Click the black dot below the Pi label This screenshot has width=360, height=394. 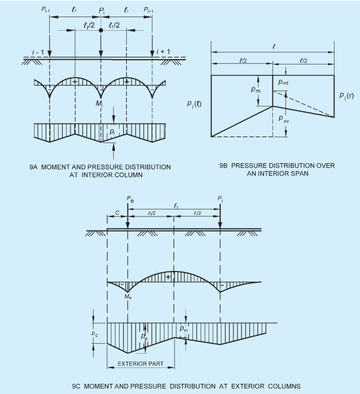[x=101, y=30]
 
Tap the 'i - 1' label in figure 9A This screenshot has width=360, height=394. [x=38, y=52]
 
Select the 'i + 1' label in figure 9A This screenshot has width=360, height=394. [x=163, y=51]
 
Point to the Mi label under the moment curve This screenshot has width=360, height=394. [x=99, y=103]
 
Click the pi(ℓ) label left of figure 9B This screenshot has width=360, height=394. [x=194, y=104]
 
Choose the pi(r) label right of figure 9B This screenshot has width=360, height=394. [x=346, y=96]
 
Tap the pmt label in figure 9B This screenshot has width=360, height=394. [x=283, y=82]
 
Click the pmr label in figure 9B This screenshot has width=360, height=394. [x=284, y=119]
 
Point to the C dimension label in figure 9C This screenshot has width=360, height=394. [x=117, y=213]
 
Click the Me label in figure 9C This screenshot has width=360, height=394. [x=128, y=296]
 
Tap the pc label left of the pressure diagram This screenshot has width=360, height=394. [x=95, y=334]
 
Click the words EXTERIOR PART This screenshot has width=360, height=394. [x=141, y=364]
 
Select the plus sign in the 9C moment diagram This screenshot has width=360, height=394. [x=168, y=277]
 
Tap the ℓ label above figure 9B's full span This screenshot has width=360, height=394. [x=274, y=47]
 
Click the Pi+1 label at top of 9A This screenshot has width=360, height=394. [x=149, y=10]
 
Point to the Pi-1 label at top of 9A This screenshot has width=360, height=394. [x=46, y=9]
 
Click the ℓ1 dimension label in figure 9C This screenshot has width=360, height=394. [x=176, y=206]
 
